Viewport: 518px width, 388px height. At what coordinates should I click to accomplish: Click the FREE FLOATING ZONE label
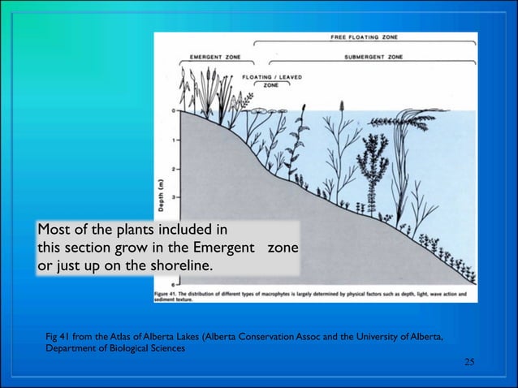pyautogui.click(x=363, y=37)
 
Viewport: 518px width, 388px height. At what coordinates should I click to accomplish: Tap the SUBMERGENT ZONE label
pyautogui.click(x=373, y=57)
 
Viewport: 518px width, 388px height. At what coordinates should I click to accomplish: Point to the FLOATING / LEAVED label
pyautogui.click(x=272, y=77)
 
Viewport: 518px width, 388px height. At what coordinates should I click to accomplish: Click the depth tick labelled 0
pyautogui.click(x=171, y=110)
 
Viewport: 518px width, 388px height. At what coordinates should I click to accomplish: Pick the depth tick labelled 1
pyautogui.click(x=171, y=139)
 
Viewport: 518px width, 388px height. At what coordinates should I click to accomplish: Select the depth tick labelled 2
pyautogui.click(x=171, y=168)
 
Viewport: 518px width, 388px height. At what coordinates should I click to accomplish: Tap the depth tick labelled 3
pyautogui.click(x=171, y=197)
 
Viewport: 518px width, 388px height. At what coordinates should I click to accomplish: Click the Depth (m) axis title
pyautogui.click(x=160, y=192)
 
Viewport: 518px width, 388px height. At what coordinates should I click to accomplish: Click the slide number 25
pyautogui.click(x=468, y=360)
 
